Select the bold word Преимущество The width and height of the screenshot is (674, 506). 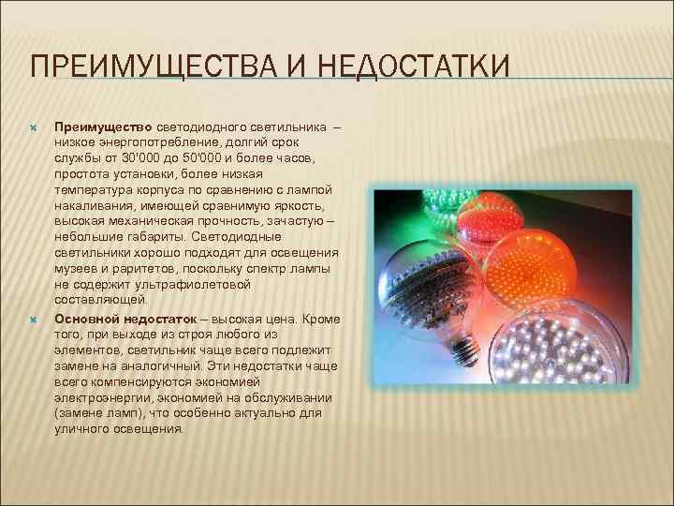103,126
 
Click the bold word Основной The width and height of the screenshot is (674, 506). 86,319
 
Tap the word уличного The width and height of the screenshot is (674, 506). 82,429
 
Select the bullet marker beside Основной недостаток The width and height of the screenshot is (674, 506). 33,319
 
